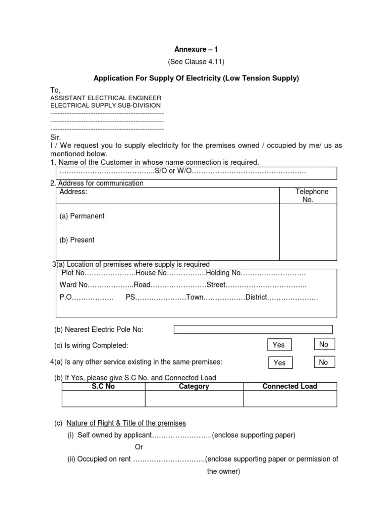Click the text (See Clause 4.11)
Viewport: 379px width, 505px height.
pos(195,62)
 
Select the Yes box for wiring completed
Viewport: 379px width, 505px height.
pos(279,345)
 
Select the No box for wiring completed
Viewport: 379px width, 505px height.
pos(324,344)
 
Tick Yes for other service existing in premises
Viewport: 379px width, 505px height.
pos(279,362)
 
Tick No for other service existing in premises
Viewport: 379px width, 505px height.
pos(324,362)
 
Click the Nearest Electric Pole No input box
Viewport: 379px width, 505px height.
pos(253,329)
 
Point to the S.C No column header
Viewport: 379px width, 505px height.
pos(103,387)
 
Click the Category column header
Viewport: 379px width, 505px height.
pos(194,387)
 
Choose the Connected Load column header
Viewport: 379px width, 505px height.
pos(290,387)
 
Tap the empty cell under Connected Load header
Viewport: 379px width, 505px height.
pos(290,398)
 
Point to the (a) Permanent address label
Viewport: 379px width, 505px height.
pos(82,216)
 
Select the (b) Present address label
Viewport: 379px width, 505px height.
pos(77,240)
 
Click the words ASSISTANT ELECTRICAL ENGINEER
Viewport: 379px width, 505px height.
pos(103,98)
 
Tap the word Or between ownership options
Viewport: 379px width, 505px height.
pos(139,447)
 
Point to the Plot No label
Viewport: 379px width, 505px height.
pos(74,273)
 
